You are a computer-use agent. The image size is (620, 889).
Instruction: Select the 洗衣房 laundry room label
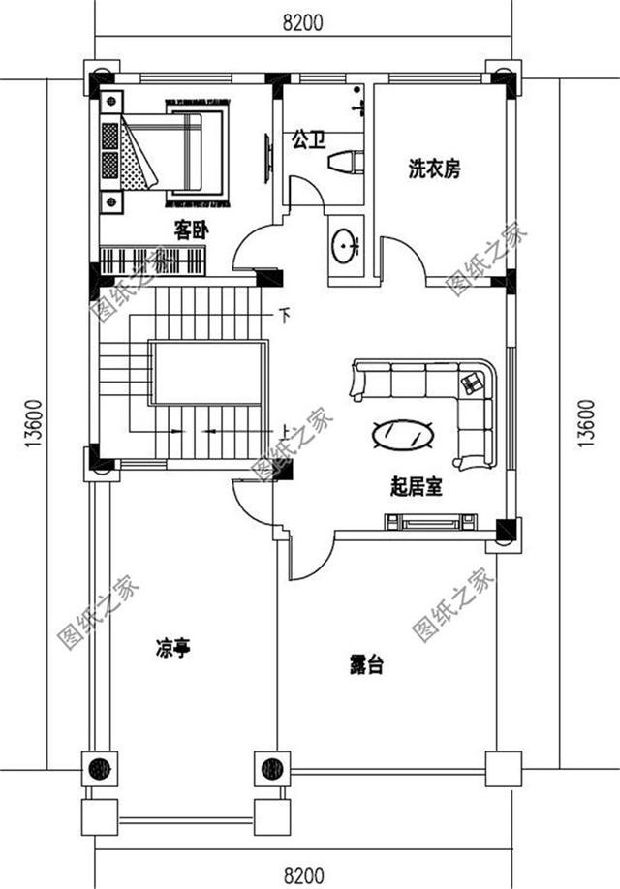pyautogui.click(x=433, y=169)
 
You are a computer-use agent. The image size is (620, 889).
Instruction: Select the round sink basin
pyautogui.click(x=345, y=245)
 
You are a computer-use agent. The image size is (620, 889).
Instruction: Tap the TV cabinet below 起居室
pyautogui.click(x=426, y=523)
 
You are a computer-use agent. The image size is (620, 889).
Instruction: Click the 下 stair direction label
pyautogui.click(x=285, y=314)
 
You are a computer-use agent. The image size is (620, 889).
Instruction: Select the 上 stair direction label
pyautogui.click(x=285, y=432)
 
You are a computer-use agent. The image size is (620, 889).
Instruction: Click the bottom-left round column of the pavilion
pyautogui.click(x=99, y=770)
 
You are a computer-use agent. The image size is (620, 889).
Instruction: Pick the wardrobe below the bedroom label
pyautogui.click(x=153, y=261)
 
